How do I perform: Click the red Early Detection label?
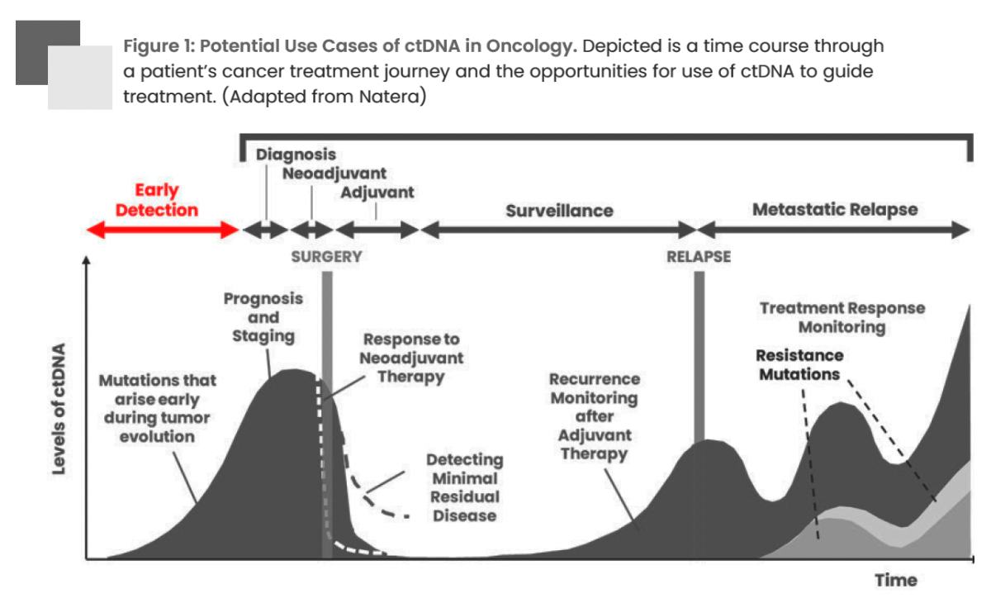coord(156,200)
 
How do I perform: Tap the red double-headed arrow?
coord(163,230)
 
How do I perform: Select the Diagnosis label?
coord(296,154)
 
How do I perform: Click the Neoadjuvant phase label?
coord(334,173)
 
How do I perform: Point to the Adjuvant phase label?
coord(377,192)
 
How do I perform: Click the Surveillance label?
coord(559,211)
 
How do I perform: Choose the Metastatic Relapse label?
coord(834,209)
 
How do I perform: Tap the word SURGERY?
coord(326,256)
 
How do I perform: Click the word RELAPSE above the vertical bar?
coord(699,256)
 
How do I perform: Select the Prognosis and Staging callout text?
coord(263,317)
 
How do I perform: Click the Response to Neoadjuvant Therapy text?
coord(411,358)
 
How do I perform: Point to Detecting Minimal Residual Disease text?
coord(464,487)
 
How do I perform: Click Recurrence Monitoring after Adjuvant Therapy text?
coord(594,416)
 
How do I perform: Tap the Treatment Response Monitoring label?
coord(842,317)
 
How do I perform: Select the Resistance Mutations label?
coord(799,364)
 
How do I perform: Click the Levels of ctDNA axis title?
coord(59,409)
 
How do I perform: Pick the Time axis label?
coord(896,580)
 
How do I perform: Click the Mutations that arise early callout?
coord(157,408)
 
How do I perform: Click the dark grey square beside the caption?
coord(37,41)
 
